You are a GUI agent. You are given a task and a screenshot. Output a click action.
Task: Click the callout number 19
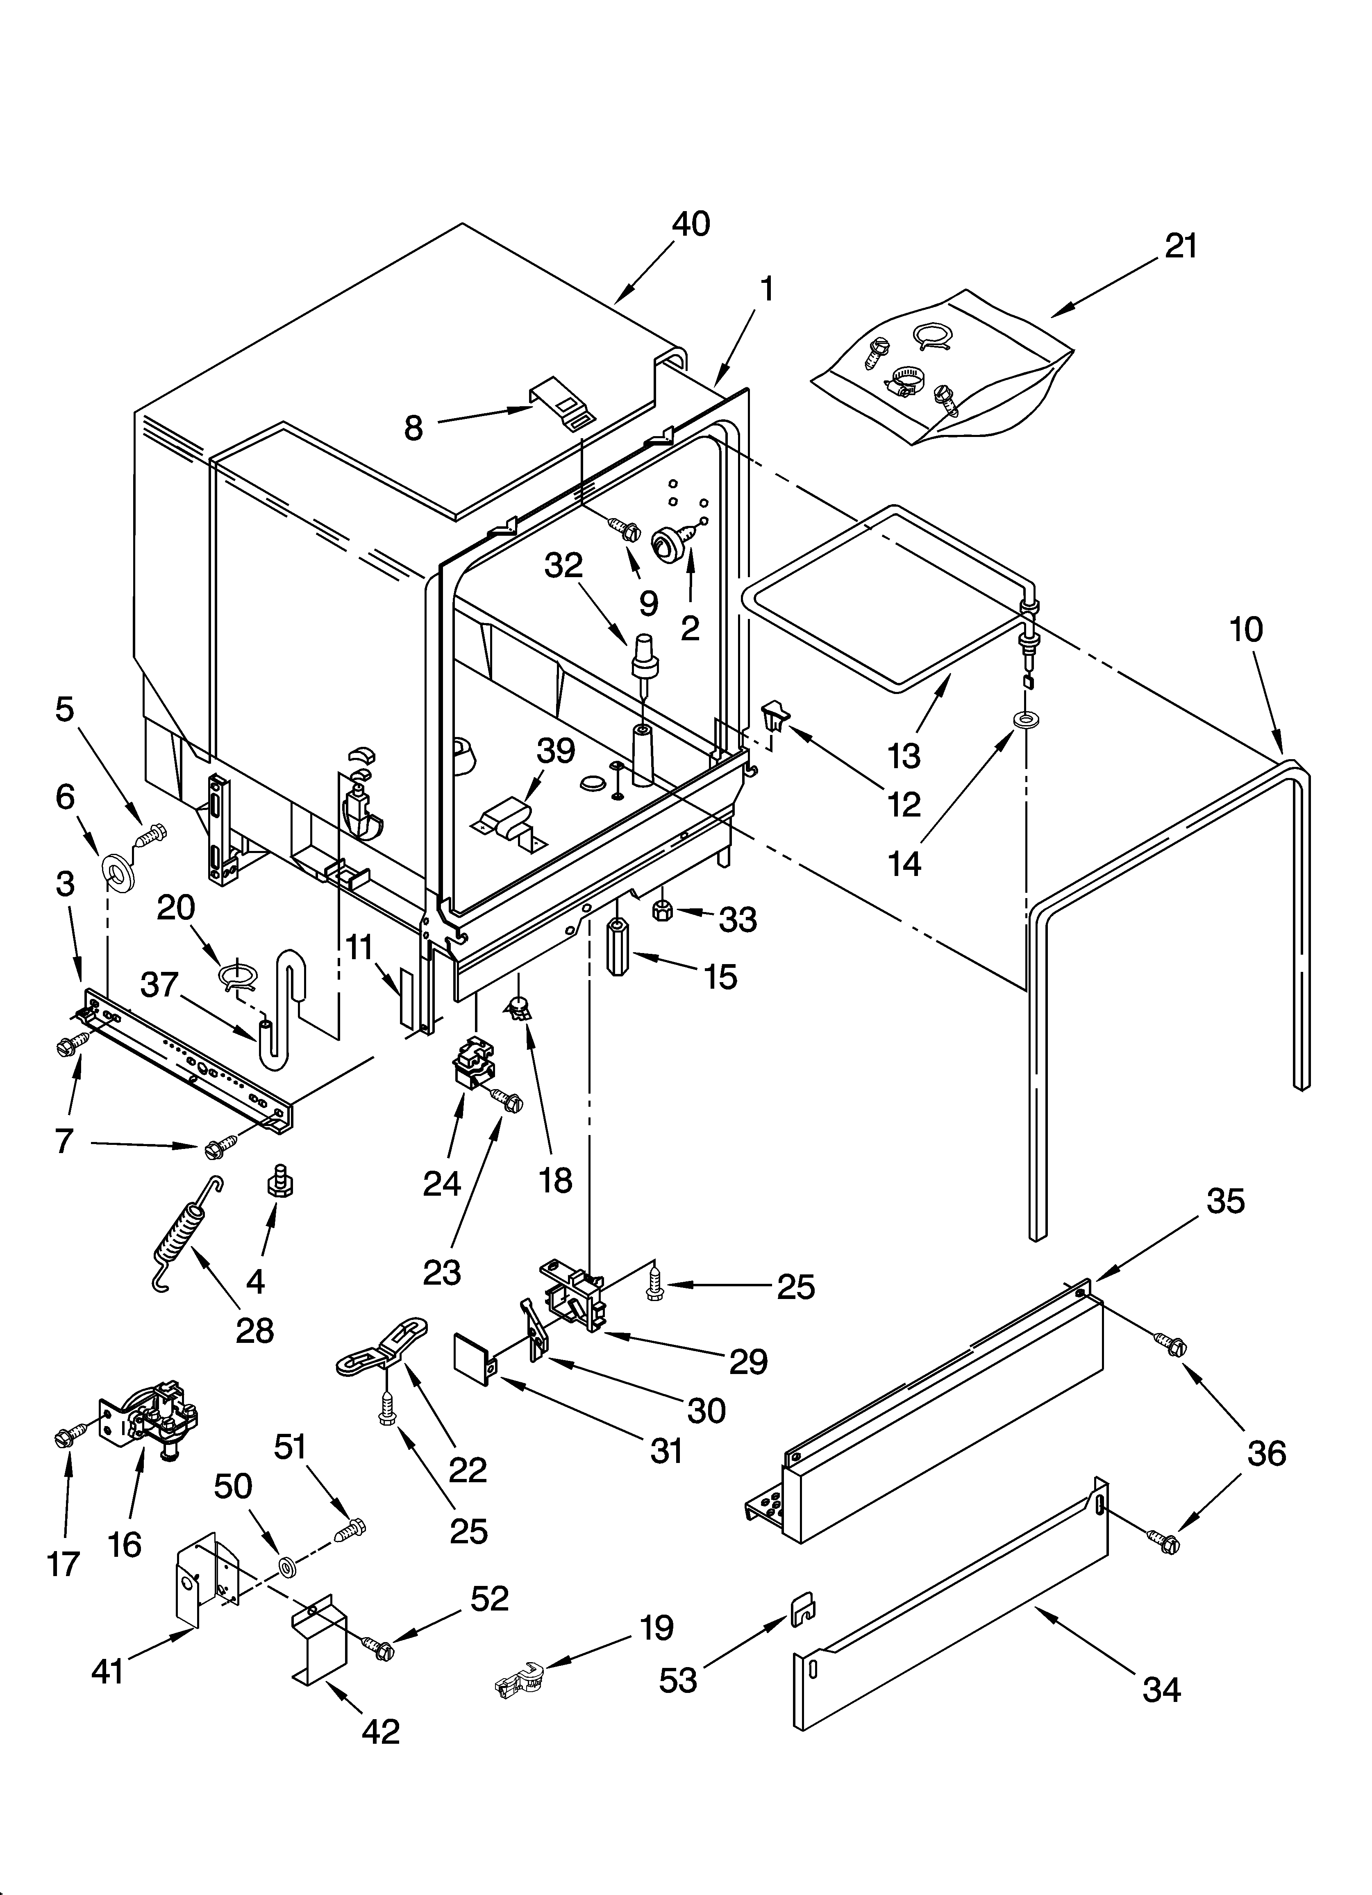[x=656, y=1627]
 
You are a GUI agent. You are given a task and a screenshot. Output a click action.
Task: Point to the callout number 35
[x=1225, y=1201]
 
